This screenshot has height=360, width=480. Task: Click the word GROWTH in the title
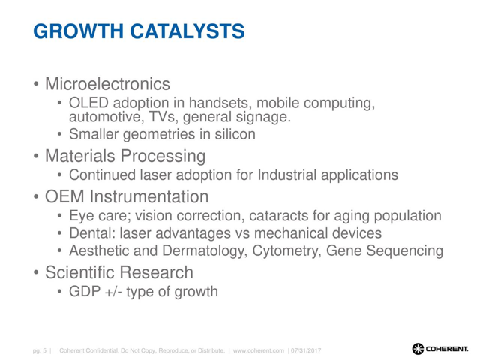click(x=78, y=31)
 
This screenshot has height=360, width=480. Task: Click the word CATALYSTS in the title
click(x=187, y=31)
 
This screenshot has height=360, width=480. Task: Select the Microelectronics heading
click(x=107, y=83)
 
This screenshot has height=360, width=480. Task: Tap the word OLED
click(x=88, y=103)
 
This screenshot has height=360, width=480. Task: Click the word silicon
click(x=235, y=134)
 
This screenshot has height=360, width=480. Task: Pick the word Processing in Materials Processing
click(x=163, y=157)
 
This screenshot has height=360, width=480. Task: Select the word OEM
click(x=64, y=196)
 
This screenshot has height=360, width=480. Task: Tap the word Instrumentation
click(x=149, y=196)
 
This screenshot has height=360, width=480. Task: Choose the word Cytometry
click(x=286, y=251)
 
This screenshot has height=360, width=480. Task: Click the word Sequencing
click(x=405, y=251)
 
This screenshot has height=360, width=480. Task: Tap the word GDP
click(x=85, y=291)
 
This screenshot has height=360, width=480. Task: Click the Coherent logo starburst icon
click(x=418, y=349)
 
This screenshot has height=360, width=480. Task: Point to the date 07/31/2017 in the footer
click(x=306, y=350)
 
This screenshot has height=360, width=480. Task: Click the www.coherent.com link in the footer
click(x=259, y=350)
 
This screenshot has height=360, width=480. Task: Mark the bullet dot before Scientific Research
click(x=36, y=272)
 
